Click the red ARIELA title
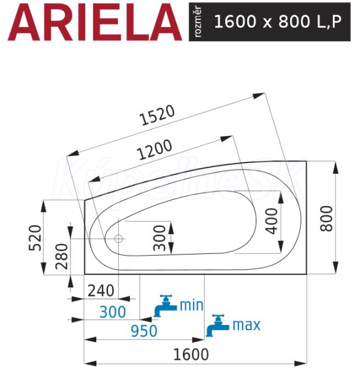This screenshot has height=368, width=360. click(95, 22)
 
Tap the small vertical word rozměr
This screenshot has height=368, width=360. click(197, 21)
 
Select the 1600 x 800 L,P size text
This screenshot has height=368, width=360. click(278, 21)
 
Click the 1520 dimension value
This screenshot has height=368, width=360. click(157, 115)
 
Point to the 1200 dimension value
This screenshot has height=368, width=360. click(155, 150)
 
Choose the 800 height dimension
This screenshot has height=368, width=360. click(327, 219)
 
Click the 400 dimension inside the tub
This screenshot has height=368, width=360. click(272, 221)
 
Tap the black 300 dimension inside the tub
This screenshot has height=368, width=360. click(159, 238)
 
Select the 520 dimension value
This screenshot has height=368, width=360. click(35, 238)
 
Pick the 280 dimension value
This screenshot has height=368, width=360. click(61, 256)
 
